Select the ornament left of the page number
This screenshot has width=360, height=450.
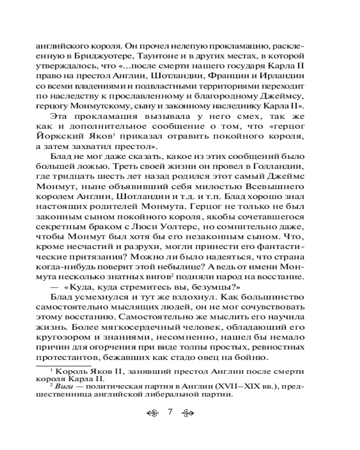[154, 414]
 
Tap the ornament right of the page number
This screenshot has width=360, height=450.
[186, 414]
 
